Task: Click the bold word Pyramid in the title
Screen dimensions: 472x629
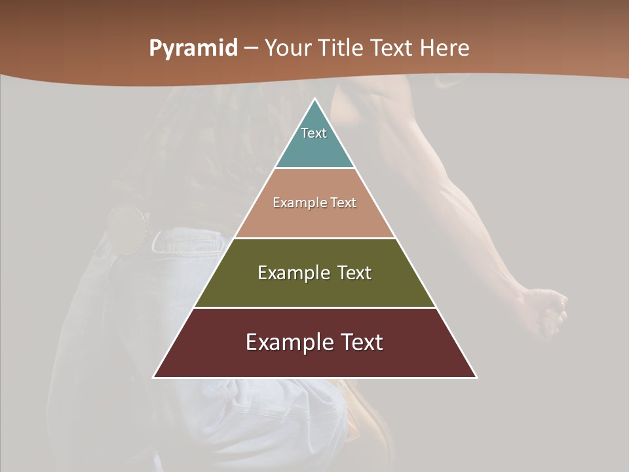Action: (193, 49)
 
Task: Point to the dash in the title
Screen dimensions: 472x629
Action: (250, 49)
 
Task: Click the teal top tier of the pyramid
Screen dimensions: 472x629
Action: (314, 147)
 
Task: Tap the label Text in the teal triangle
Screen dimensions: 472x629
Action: (314, 133)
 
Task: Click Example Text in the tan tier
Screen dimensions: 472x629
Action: (314, 203)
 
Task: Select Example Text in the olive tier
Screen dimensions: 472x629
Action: (314, 273)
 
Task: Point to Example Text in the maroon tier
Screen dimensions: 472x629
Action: (314, 342)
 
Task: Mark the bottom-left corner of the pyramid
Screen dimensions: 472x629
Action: (154, 377)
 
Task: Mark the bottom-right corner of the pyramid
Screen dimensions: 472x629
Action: (476, 377)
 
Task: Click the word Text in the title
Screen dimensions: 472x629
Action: (393, 49)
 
